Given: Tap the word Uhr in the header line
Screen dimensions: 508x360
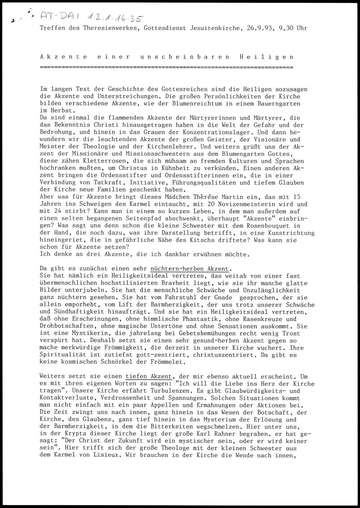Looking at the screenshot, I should coord(302,28).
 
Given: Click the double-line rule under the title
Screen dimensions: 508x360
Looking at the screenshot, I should coord(166,67).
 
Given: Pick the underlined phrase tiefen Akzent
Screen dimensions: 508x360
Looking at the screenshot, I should coord(149,377).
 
